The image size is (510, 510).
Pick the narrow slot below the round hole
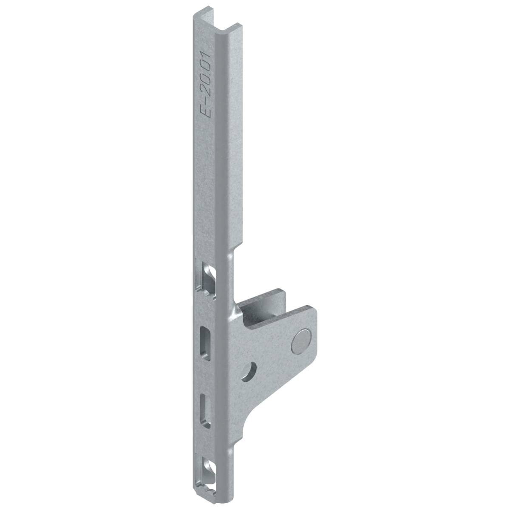tap(206, 408)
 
